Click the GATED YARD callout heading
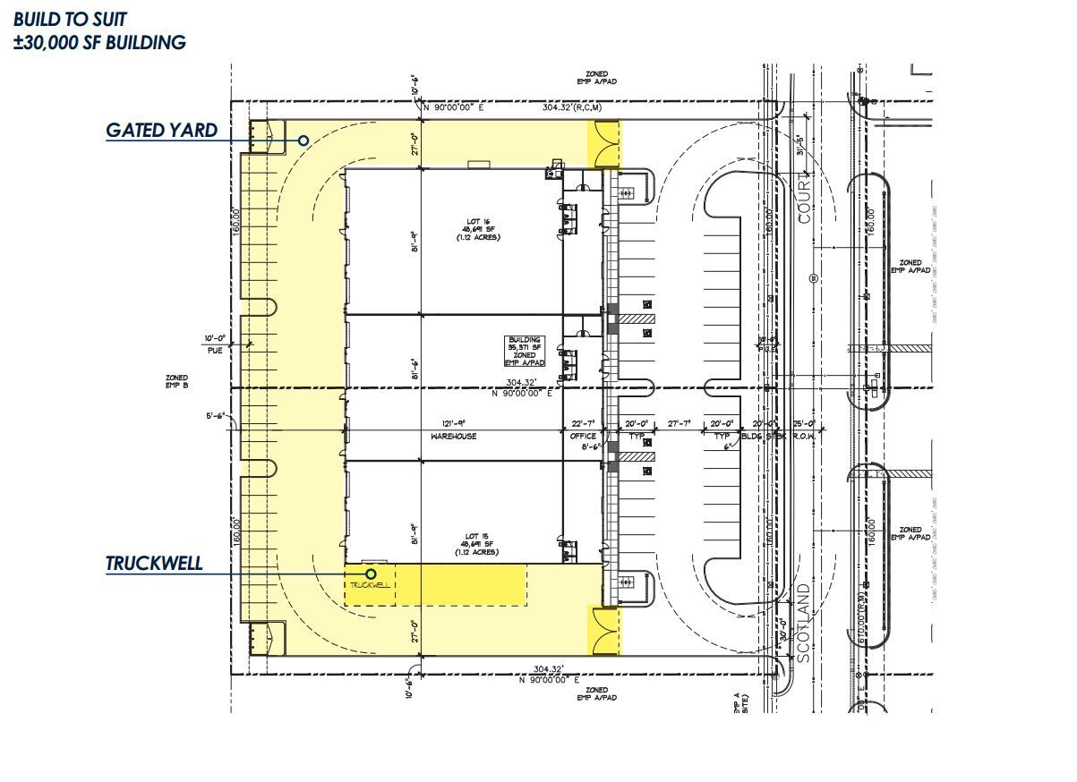pyautogui.click(x=161, y=130)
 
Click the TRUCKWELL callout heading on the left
pyautogui.click(x=153, y=564)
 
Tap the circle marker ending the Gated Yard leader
pyautogui.click(x=303, y=140)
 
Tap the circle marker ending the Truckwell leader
pyautogui.click(x=371, y=574)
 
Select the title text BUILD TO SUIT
pyautogui.click(x=71, y=18)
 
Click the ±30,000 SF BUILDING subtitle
pyautogui.click(x=99, y=42)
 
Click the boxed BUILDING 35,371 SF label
pyautogui.click(x=525, y=351)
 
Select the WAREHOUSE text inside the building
pyautogui.click(x=454, y=437)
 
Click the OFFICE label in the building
pyautogui.click(x=583, y=437)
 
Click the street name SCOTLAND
pyautogui.click(x=803, y=624)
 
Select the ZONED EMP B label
pyautogui.click(x=176, y=381)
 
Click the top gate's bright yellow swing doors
pyautogui.click(x=603, y=144)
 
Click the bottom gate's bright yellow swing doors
pyautogui.click(x=603, y=631)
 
